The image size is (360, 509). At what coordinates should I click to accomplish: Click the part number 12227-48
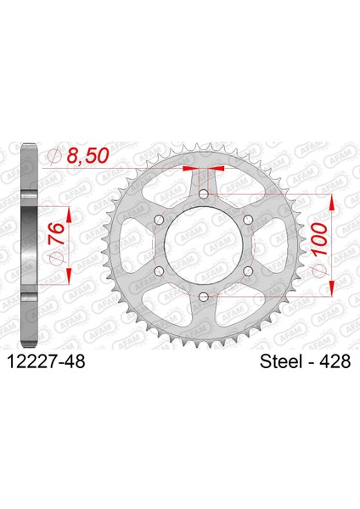(x=46, y=361)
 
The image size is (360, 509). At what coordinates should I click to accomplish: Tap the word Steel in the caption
(x=281, y=361)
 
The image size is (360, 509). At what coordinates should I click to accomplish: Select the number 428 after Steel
(x=335, y=361)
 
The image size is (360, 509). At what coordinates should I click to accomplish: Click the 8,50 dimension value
(x=87, y=155)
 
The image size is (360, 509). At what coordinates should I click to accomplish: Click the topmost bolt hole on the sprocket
(x=204, y=194)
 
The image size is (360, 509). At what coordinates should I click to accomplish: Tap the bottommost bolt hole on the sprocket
(x=204, y=296)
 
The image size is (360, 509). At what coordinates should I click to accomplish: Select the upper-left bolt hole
(x=160, y=220)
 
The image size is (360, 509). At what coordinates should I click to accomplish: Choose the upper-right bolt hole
(x=248, y=220)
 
